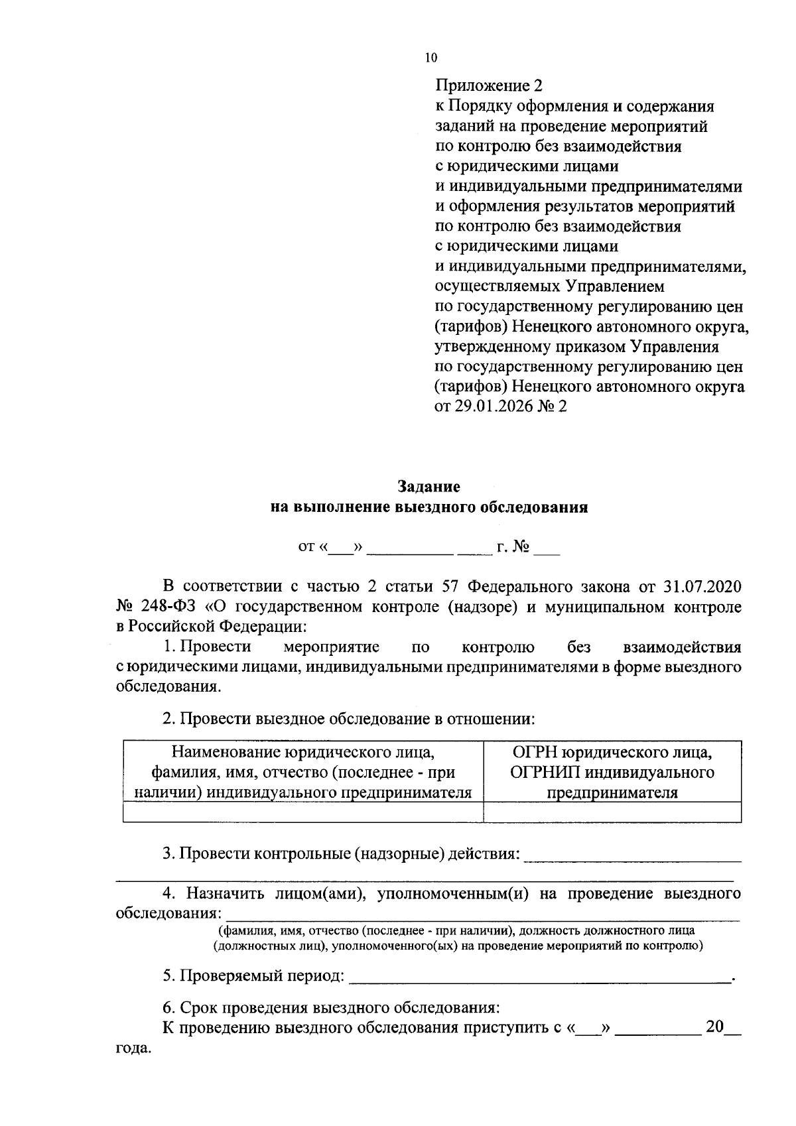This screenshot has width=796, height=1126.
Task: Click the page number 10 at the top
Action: tap(431, 58)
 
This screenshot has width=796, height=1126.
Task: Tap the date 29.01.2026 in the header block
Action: tap(493, 406)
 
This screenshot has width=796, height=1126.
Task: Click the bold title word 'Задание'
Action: tap(429, 487)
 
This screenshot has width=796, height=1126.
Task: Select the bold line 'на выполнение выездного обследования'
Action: tap(429, 508)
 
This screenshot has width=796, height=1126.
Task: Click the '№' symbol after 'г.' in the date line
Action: tap(521, 547)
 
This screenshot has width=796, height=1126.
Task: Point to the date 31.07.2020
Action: tap(702, 587)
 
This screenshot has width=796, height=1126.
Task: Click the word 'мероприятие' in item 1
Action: tap(331, 647)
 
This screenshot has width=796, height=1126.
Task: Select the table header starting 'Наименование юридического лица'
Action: tap(303, 772)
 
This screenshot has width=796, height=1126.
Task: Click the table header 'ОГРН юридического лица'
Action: tap(612, 753)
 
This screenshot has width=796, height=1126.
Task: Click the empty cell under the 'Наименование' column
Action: tap(303, 812)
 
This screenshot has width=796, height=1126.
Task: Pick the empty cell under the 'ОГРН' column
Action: tap(612, 812)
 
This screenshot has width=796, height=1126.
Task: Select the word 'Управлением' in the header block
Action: tap(614, 286)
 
